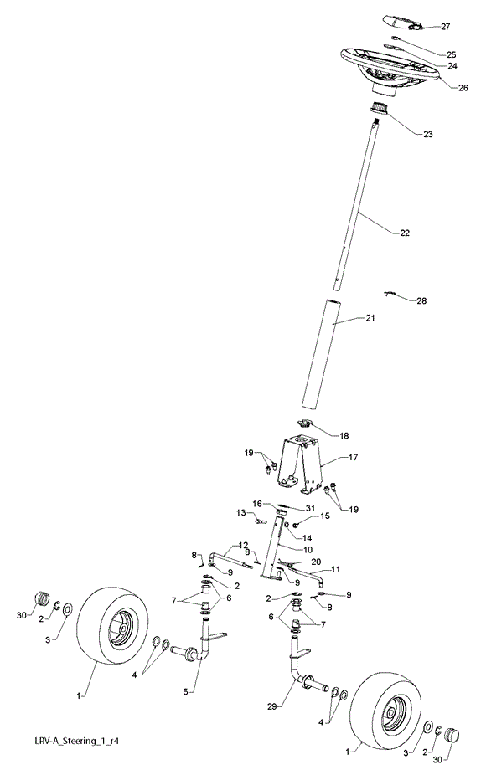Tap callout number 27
click(445, 27)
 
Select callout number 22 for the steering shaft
click(405, 233)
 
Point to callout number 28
click(421, 301)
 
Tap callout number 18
click(344, 436)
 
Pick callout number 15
click(324, 516)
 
